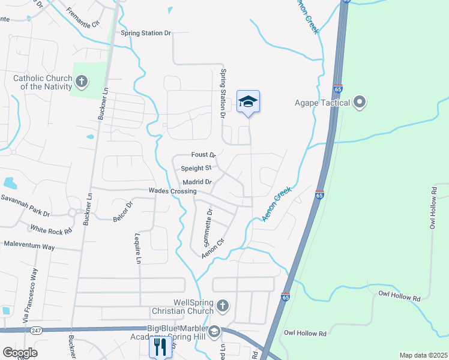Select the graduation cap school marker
[x=248, y=102]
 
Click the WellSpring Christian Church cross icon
[x=222, y=307]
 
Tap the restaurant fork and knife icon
[x=160, y=346]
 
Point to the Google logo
[x=20, y=353]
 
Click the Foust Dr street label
[x=203, y=155]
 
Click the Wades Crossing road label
[x=173, y=191]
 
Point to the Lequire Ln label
[x=137, y=249]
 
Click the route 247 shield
[x=37, y=330]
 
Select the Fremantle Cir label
[x=82, y=13]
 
